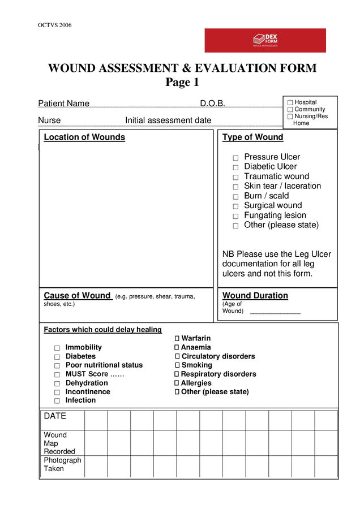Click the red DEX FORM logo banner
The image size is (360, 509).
click(265, 40)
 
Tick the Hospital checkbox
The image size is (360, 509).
click(290, 103)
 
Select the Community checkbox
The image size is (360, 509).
click(290, 110)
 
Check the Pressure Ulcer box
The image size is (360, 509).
click(235, 158)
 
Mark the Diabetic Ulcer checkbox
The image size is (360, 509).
click(235, 167)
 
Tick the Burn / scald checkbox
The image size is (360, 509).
click(235, 197)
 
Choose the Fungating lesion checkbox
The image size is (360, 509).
click(235, 216)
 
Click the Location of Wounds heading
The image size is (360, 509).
click(84, 137)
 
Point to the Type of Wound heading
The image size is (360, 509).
click(252, 137)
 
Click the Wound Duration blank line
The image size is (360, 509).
click(275, 312)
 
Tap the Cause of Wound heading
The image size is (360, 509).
click(77, 296)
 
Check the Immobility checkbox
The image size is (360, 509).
click(57, 348)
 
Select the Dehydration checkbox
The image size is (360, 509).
click(57, 383)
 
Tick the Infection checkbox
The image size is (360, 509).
click(57, 401)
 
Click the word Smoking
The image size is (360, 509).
click(197, 365)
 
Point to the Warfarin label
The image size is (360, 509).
click(196, 339)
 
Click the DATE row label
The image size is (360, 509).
click(55, 416)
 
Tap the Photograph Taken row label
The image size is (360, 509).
click(62, 464)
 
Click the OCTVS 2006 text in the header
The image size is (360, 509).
click(54, 25)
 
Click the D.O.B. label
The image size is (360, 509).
click(212, 103)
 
